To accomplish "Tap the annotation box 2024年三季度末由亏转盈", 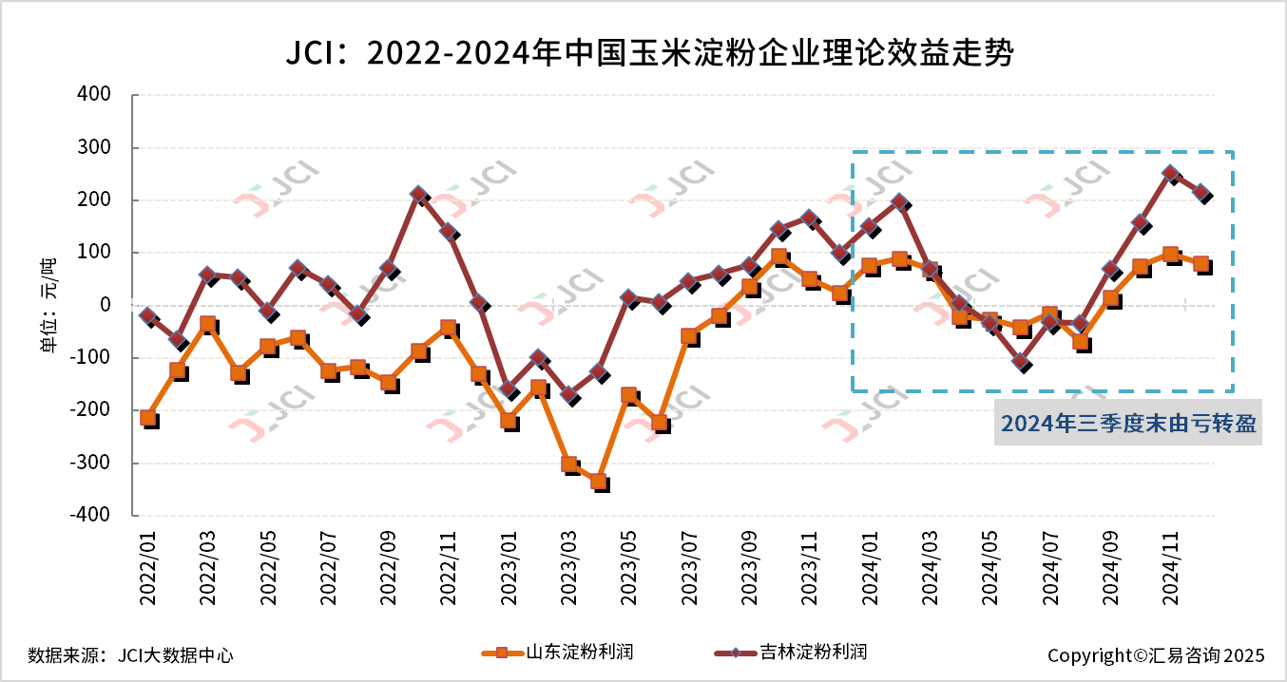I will click(x=1128, y=424).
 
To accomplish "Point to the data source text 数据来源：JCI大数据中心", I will click(x=130, y=655).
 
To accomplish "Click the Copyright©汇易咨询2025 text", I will click(x=1156, y=655).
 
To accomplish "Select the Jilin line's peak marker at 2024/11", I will click(x=1170, y=175).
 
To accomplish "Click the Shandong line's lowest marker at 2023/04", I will click(x=599, y=482).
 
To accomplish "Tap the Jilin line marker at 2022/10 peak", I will click(x=418, y=195).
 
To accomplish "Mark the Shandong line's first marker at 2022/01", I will click(x=148, y=417).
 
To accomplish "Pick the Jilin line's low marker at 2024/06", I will click(x=1021, y=361).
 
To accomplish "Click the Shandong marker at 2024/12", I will click(x=1201, y=264).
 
